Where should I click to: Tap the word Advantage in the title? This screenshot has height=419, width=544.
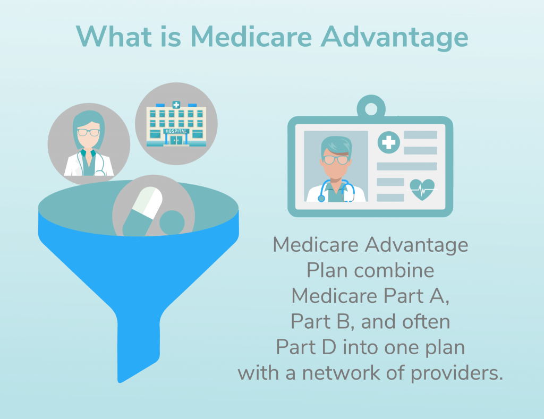click(x=399, y=37)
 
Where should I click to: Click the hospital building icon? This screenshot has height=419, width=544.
click(x=176, y=123)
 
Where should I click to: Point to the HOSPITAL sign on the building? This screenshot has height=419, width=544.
click(x=175, y=131)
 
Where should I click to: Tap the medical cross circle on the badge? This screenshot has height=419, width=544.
click(x=389, y=142)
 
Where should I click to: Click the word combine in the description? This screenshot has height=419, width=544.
click(x=394, y=270)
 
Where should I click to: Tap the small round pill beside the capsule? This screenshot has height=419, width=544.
click(x=172, y=221)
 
